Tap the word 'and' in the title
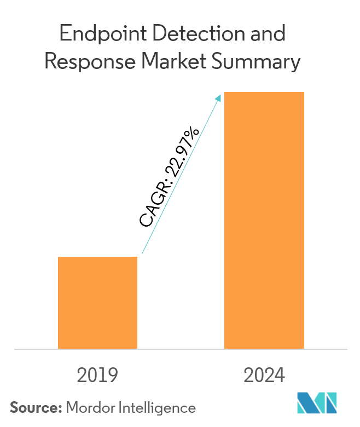click(x=266, y=34)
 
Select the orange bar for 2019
click(x=97, y=302)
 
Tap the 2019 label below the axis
click(x=97, y=376)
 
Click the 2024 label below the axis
click(x=264, y=376)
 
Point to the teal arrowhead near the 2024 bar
click(x=219, y=98)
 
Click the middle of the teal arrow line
click(x=181, y=175)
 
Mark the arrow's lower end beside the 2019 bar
click(x=142, y=253)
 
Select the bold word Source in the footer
click(x=35, y=407)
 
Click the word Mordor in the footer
click(x=87, y=407)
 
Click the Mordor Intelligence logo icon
click(x=318, y=403)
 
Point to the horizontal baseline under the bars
click(x=181, y=349)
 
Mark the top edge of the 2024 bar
click(x=264, y=93)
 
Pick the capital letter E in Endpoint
click(x=65, y=34)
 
